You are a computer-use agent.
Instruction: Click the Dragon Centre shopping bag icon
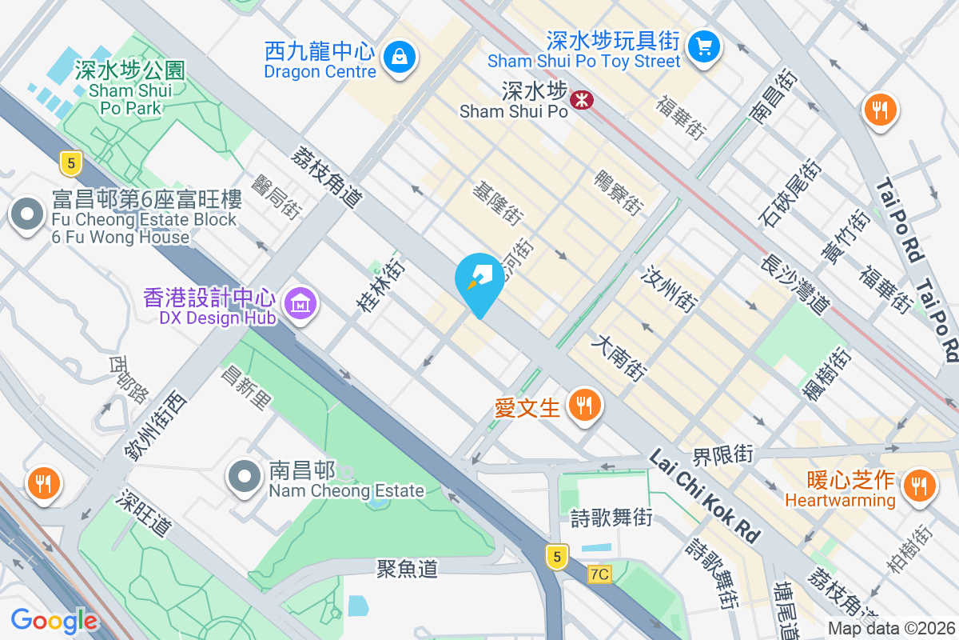tap(397, 56)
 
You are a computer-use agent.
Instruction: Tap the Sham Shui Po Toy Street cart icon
tap(704, 46)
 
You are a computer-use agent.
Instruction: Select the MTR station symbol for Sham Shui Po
tap(581, 99)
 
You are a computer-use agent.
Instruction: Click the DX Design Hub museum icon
tap(300, 303)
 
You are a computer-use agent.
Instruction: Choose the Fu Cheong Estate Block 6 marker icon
tap(28, 214)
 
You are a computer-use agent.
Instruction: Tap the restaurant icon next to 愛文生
tap(585, 405)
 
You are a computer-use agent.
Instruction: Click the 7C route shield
tap(599, 574)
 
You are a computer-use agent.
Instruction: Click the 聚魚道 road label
tap(408, 569)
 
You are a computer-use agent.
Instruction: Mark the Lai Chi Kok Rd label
tap(703, 496)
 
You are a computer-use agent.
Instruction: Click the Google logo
tap(54, 620)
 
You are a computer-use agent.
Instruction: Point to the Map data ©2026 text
tap(890, 629)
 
